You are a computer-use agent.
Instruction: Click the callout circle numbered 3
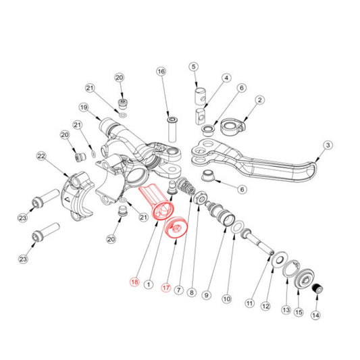coord(328,145)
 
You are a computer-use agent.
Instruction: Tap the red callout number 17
coord(164,286)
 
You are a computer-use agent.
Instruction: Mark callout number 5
coord(193,66)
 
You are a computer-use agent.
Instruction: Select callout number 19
coord(84,107)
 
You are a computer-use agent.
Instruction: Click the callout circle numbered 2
coord(259,101)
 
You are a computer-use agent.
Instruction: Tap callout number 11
coord(250,304)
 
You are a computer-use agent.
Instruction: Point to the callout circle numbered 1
coord(149,286)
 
